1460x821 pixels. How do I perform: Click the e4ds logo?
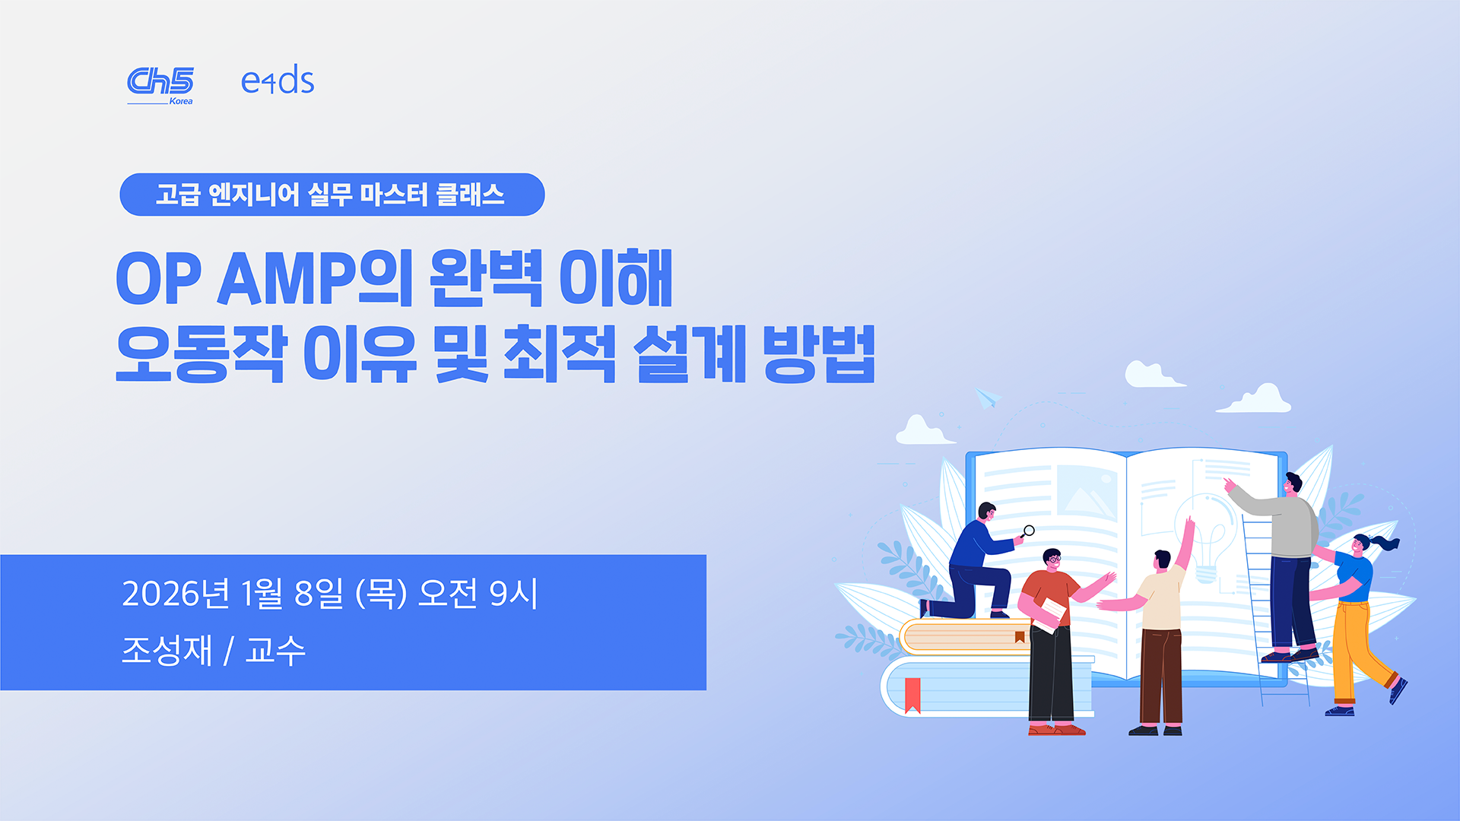pos(278,81)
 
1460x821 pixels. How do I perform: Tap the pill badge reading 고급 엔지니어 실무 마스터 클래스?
pos(332,195)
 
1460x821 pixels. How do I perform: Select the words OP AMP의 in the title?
pos(265,278)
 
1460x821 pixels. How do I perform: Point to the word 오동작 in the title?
pos(201,353)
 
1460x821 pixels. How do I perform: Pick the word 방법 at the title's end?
pos(819,353)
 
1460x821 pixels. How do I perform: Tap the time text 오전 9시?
pos(478,594)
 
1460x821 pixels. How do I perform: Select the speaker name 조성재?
pos(167,650)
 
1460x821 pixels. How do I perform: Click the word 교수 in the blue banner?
pos(275,650)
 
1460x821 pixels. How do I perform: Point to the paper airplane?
pos(988,398)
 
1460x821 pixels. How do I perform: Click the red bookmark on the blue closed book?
pos(913,695)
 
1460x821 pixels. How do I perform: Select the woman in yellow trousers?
pos(1358,623)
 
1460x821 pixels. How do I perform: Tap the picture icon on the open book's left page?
pos(1087,490)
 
